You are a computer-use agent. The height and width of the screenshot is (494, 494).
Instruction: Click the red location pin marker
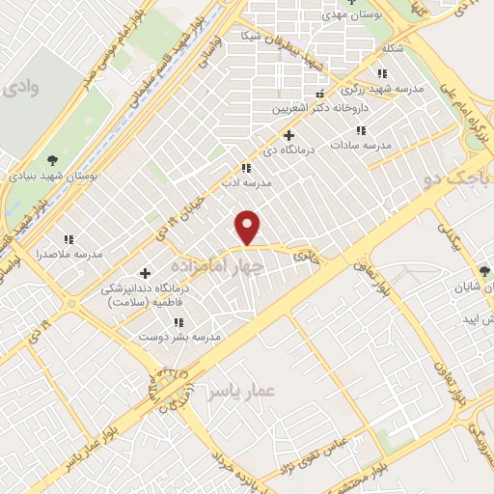click(x=249, y=226)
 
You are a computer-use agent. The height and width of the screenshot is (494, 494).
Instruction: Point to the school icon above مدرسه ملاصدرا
click(x=69, y=238)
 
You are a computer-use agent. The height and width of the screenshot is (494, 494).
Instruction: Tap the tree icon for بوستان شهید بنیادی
click(x=52, y=161)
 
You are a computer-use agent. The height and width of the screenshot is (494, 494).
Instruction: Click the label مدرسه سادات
click(x=360, y=145)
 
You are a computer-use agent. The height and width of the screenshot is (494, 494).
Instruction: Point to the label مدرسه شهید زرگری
click(x=380, y=90)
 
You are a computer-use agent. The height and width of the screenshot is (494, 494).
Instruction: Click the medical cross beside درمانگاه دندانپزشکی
click(x=146, y=273)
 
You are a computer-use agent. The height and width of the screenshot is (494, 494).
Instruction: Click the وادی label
click(x=20, y=90)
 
